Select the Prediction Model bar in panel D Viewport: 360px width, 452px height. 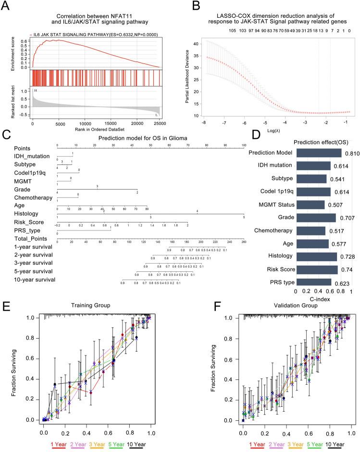coord(319,153)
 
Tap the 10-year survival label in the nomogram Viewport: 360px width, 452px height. coord(34,279)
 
